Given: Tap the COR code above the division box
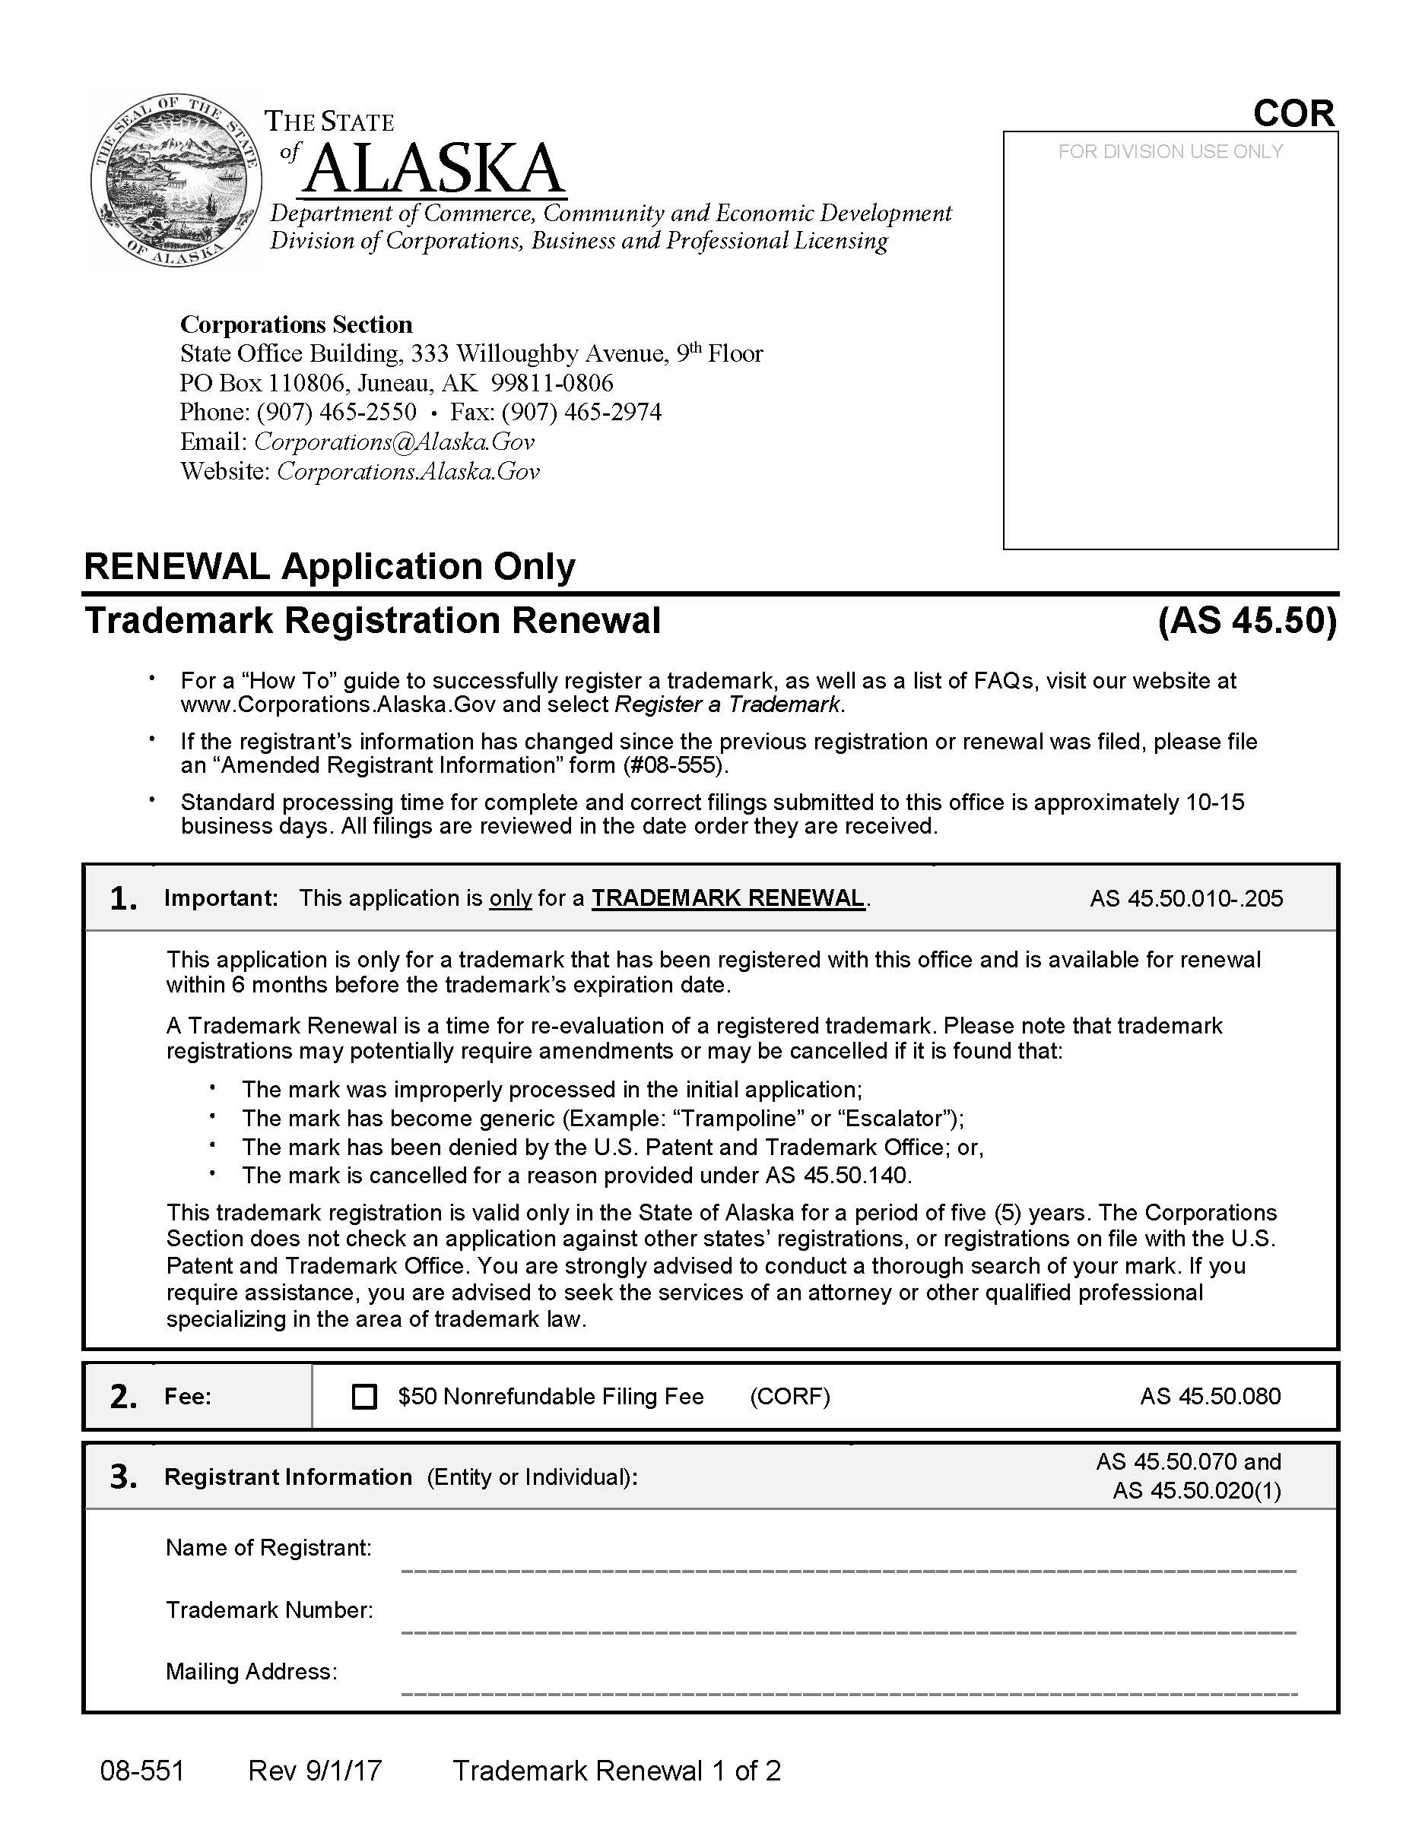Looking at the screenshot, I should pos(1293,114).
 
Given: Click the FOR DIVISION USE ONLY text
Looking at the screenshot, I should pos(1170,151).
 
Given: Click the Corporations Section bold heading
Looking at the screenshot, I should pos(296,324).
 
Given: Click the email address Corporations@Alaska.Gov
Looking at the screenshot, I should pos(394,442).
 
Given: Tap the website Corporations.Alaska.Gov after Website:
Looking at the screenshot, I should pos(408,470).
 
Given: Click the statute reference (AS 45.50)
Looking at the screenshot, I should pos(1247,621).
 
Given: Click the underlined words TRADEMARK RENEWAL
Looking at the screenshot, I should pos(728,897).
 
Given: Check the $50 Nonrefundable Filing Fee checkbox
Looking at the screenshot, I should pos(364,1397).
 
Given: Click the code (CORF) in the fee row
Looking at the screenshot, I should pos(789,1397).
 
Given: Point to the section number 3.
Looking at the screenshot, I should pos(123,1477).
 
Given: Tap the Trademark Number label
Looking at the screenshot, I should pos(268,1610).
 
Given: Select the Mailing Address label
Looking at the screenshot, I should pos(251,1671).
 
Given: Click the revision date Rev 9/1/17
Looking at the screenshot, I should pos(314,1770).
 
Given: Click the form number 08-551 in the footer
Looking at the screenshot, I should pos(141,1770).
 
